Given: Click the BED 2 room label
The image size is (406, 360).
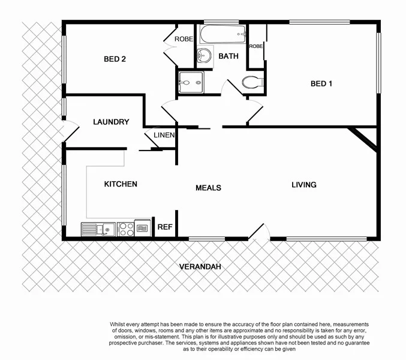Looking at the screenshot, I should (x=115, y=59).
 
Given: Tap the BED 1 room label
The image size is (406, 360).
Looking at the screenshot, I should (x=321, y=83).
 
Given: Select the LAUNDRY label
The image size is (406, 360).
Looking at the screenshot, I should (x=111, y=122).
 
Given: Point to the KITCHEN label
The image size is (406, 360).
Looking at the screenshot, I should (x=121, y=184).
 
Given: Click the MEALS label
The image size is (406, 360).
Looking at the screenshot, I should (x=208, y=188).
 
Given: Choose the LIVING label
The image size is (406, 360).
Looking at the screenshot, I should (x=303, y=185).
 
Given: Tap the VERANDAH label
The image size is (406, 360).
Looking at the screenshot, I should (x=199, y=266).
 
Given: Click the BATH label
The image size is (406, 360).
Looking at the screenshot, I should (x=228, y=56).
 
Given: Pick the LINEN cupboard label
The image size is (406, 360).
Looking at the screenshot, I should (x=164, y=135).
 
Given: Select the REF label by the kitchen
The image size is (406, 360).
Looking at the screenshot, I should (x=164, y=227).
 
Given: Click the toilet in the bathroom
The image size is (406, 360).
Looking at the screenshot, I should (x=251, y=82).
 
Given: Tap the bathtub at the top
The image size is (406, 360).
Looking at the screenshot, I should (x=222, y=33).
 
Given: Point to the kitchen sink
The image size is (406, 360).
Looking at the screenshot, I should (x=98, y=229).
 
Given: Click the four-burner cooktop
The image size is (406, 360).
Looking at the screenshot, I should (x=126, y=229).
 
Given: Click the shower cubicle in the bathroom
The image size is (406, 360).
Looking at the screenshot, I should (x=191, y=82).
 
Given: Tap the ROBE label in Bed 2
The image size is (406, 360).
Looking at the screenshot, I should (x=183, y=40).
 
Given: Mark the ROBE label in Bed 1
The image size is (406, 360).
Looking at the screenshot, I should (x=256, y=46).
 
